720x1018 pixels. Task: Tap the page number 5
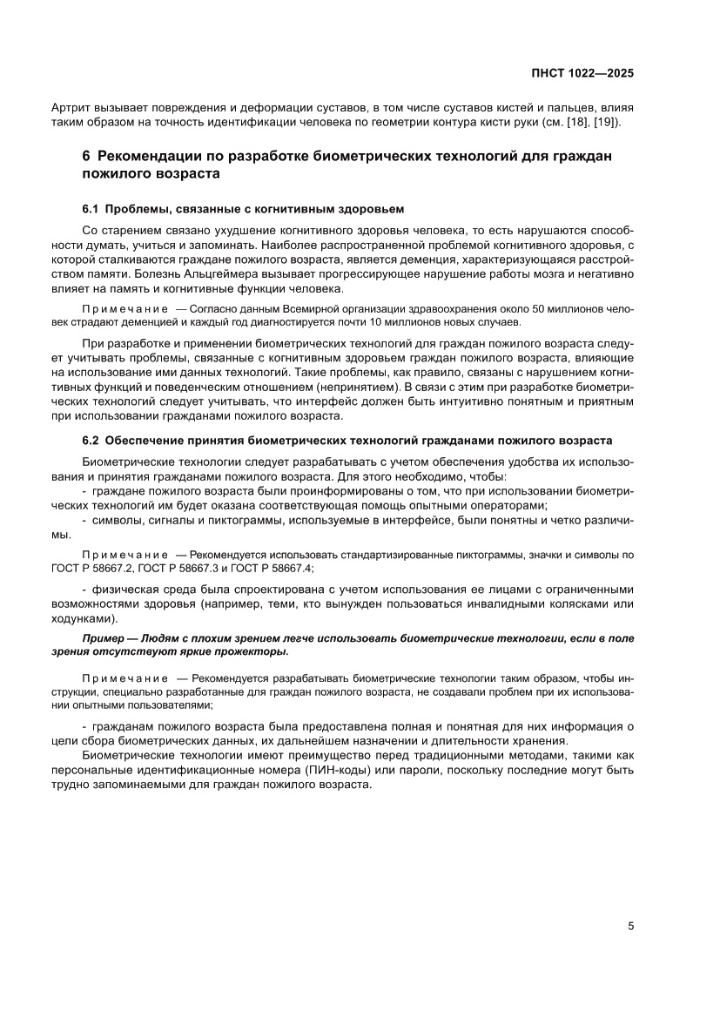pyautogui.click(x=630, y=927)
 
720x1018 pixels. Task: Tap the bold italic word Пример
pyautogui.click(x=104, y=638)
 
